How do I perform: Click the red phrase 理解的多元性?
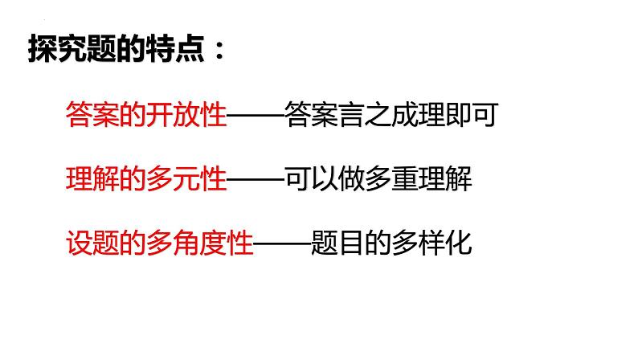[145, 178]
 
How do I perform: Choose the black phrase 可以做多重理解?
[378, 178]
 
